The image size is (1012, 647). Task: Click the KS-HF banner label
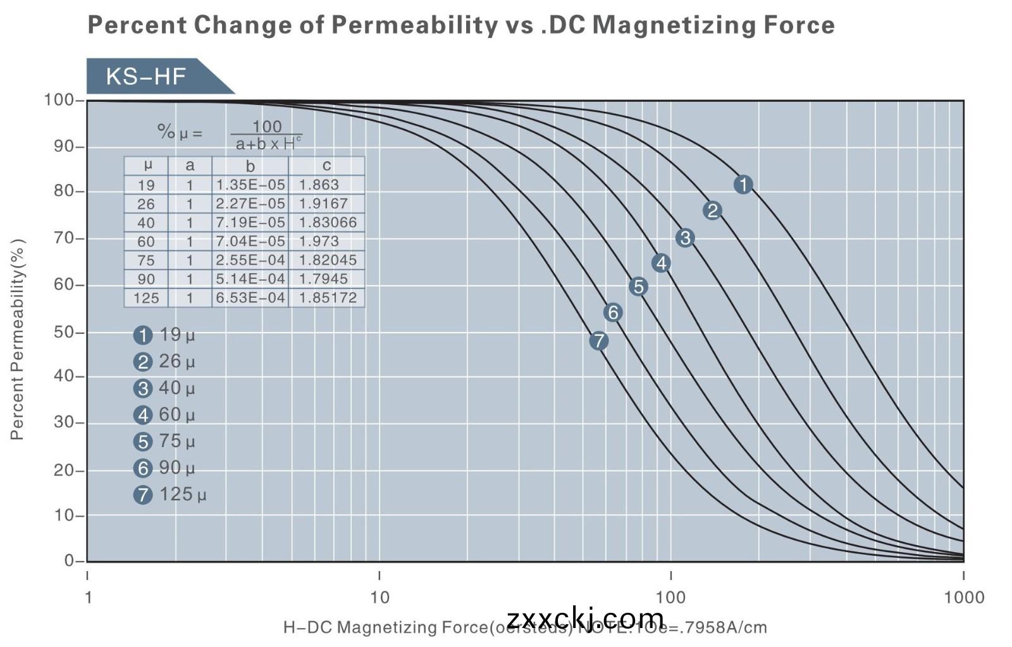146,77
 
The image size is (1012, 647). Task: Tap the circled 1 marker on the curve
743,184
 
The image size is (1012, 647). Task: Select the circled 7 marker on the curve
598,341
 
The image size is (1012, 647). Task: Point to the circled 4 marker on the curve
661,263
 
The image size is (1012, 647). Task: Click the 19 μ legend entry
164,335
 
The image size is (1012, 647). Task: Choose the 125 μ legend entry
170,494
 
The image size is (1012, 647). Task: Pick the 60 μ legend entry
164,414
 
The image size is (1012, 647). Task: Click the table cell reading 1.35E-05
250,185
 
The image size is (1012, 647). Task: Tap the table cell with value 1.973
319,241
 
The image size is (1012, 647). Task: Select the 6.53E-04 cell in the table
250,297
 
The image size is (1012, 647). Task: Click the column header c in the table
326,166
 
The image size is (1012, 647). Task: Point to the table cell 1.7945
323,278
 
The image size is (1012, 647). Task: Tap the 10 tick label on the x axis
379,597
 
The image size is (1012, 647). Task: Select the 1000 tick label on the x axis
964,597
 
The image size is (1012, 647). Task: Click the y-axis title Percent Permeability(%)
17,339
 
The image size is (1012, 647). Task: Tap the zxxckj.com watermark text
585,618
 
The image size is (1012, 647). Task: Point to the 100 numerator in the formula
267,126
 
